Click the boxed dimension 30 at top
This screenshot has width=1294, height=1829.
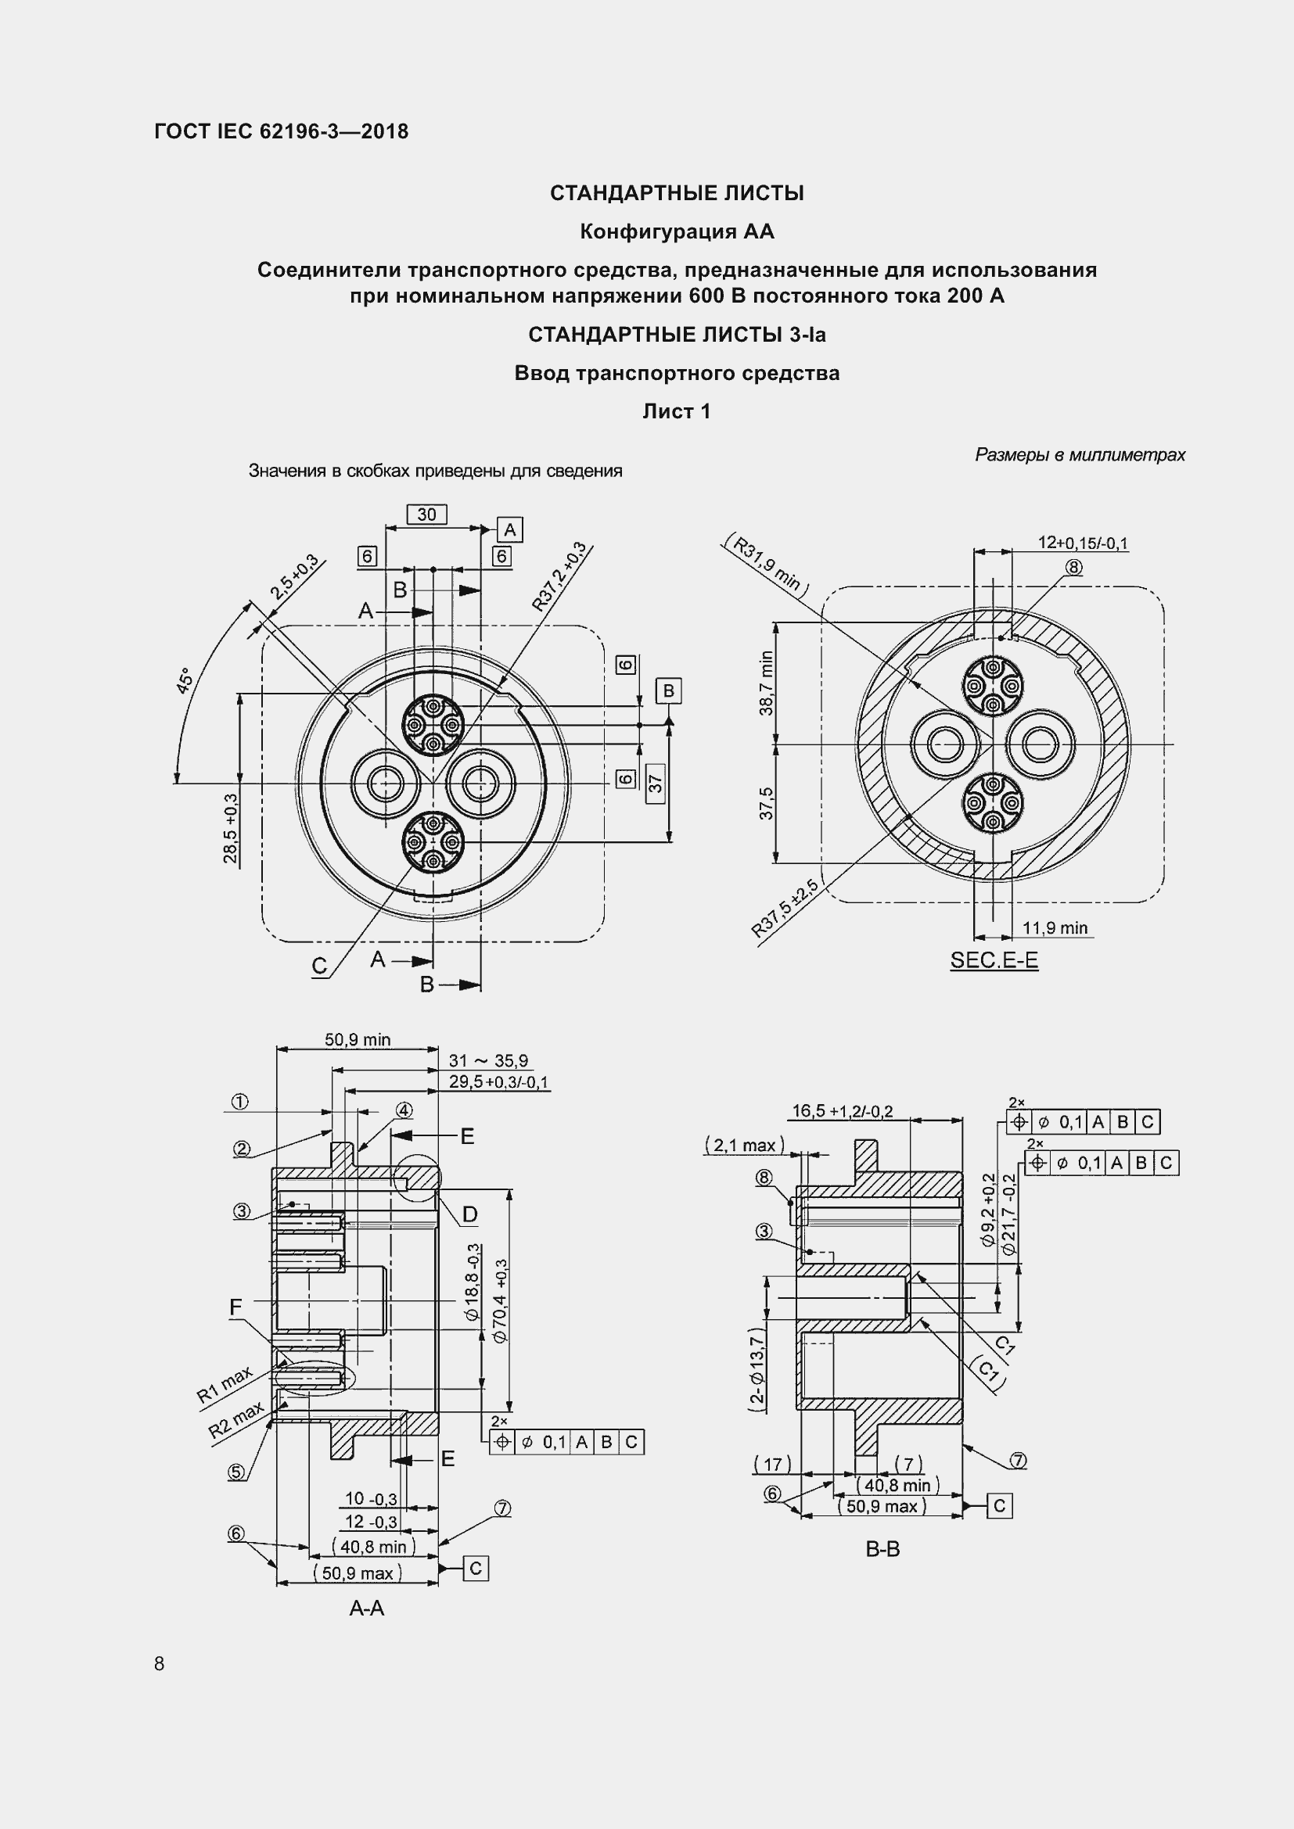(x=426, y=515)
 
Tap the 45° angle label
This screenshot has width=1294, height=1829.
(x=184, y=681)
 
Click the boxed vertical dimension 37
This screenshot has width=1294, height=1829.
(x=655, y=784)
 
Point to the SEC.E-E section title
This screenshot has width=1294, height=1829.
(x=994, y=961)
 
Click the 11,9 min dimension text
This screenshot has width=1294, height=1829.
(x=1054, y=928)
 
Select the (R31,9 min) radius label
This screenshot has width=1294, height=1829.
(x=766, y=565)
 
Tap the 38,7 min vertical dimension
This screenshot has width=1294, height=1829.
(x=766, y=683)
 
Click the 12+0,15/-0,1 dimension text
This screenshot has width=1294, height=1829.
(x=1082, y=543)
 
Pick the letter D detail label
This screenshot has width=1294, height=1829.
(x=469, y=1215)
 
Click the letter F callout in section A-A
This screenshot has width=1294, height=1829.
(x=235, y=1307)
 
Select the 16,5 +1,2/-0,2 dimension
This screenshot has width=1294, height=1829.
(x=842, y=1111)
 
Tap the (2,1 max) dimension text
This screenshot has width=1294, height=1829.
(x=744, y=1146)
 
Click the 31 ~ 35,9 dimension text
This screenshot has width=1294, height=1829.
(x=487, y=1061)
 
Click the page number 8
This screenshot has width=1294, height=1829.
(x=160, y=1664)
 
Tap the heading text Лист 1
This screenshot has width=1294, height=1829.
(x=677, y=412)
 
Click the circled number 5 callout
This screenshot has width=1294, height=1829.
(x=236, y=1473)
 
